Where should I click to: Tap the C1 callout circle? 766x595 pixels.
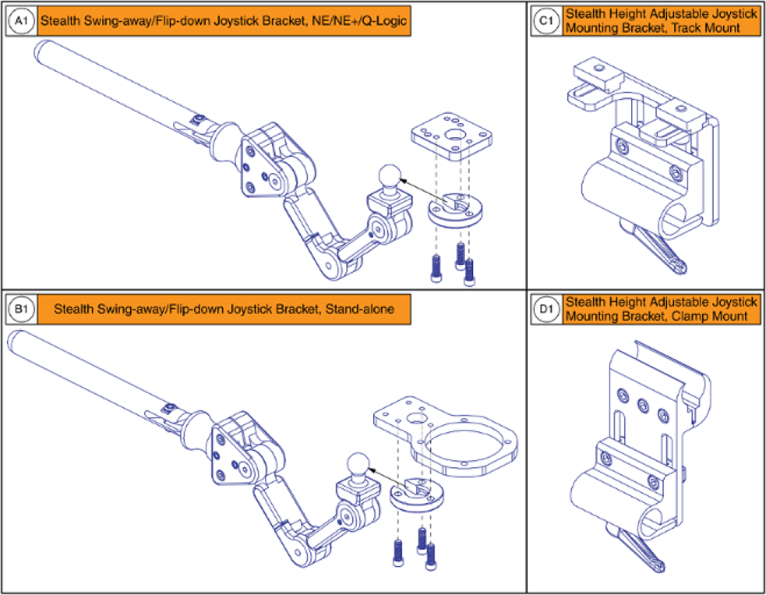pos(545,22)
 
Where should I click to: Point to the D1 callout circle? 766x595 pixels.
pos(545,310)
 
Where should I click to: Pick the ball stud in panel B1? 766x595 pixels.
pos(357,464)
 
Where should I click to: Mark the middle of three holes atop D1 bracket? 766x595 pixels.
pos(641,402)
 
